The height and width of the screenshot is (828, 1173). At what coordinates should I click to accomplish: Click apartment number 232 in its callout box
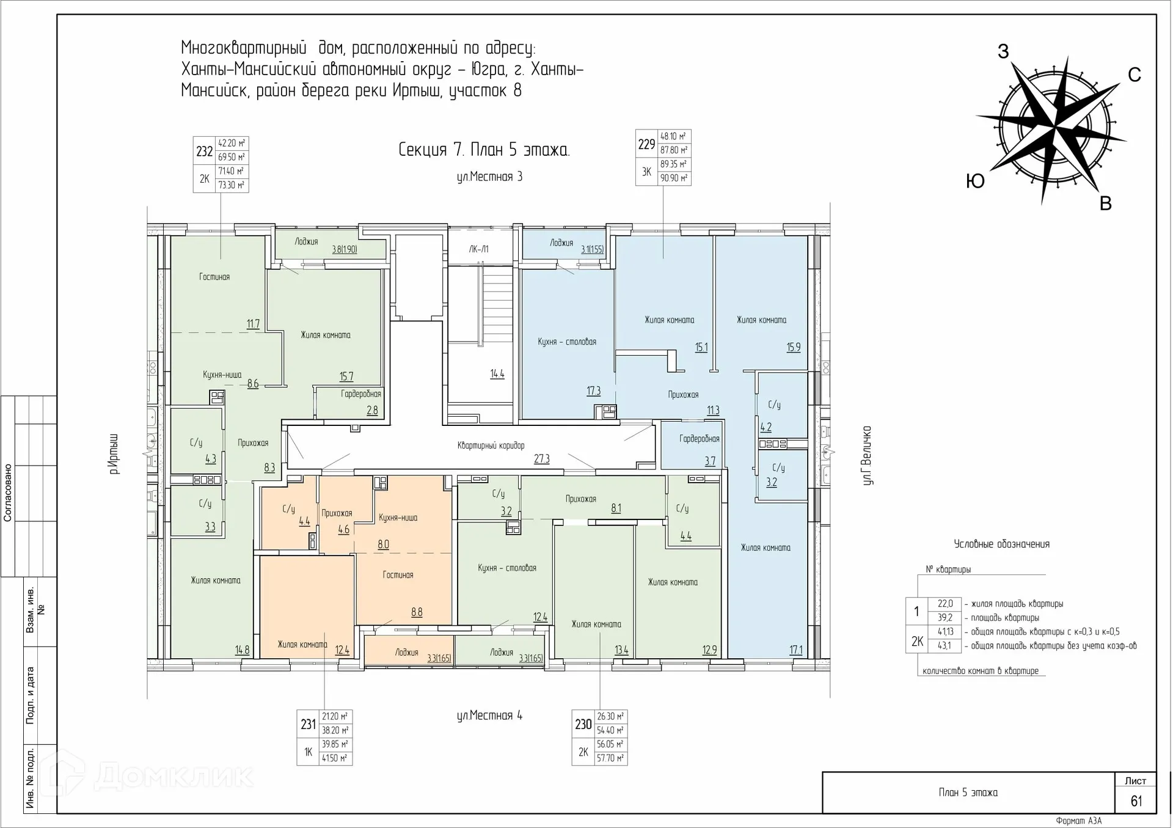pos(204,151)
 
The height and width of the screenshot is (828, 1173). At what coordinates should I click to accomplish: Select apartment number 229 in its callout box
pos(646,144)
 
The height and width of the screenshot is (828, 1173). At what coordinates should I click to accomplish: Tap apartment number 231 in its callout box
pos(308,724)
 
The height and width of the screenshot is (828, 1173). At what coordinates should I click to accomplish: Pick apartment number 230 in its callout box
pos(583,724)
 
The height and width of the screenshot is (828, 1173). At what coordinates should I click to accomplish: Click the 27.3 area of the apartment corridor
pos(541,458)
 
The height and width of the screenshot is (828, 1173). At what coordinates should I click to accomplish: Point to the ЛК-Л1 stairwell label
pos(479,249)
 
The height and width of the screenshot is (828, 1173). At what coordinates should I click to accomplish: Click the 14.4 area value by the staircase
pos(497,373)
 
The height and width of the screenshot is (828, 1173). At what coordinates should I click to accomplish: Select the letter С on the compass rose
pos(1135,75)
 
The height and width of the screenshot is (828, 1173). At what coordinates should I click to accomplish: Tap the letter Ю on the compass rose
pos(976,181)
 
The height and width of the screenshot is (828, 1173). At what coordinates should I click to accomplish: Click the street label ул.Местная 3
pos(489,177)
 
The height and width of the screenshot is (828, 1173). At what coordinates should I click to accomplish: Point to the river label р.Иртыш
pos(113,453)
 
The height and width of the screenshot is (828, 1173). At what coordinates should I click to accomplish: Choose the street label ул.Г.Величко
pos(866,455)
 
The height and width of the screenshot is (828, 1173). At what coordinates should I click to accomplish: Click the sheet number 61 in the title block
pos(1136,801)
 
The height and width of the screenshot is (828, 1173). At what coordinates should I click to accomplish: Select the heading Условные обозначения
pos(1001,544)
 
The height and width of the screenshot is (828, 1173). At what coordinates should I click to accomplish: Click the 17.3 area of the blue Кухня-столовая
pos(593,390)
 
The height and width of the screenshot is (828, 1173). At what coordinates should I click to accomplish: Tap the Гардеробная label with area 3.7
pos(699,439)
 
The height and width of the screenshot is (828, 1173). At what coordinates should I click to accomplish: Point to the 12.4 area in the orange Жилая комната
pos(342,650)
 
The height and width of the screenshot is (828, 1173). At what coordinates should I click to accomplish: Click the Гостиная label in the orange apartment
pos(398,575)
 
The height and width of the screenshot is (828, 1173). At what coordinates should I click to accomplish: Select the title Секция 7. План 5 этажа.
pos(484,150)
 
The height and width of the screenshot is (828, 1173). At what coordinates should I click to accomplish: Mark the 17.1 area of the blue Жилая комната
pos(795,650)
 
